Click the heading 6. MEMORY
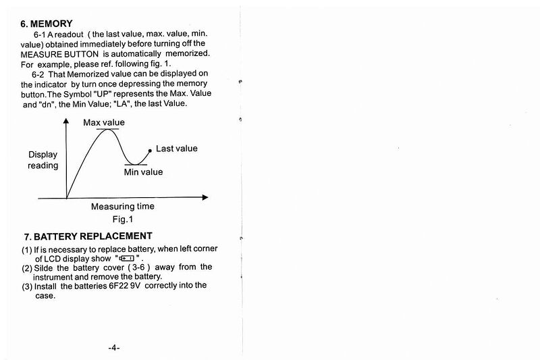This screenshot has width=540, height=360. (x=47, y=24)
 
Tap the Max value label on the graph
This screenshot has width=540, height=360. (x=104, y=122)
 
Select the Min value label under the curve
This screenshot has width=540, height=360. (x=143, y=172)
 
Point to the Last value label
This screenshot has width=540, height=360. (x=177, y=148)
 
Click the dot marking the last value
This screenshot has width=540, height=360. (x=151, y=151)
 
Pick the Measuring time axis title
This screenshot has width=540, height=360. (x=122, y=207)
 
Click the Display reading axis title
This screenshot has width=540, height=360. (x=43, y=160)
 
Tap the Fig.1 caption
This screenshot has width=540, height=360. (x=123, y=219)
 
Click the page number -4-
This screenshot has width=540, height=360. (x=113, y=348)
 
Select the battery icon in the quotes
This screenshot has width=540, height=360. (x=127, y=257)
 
